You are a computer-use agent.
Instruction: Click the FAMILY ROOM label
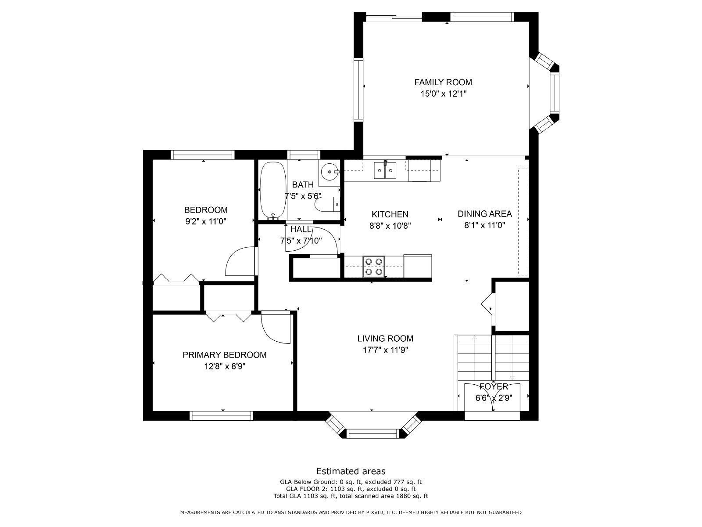pos(443,82)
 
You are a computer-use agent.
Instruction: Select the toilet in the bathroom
pos(327,204)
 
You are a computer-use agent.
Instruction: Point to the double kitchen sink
pos(385,170)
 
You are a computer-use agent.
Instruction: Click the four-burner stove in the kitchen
pos(373,267)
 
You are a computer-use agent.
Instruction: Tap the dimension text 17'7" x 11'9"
pos(385,350)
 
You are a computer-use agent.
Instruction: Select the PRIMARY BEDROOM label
pos(224,355)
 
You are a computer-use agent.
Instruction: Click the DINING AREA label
pos(484,214)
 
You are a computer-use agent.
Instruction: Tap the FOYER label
pos(493,386)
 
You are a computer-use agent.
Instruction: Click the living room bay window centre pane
pos(373,434)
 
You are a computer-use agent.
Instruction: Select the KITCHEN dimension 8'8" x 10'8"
pos(390,226)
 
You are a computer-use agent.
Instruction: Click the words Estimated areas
pos(351,471)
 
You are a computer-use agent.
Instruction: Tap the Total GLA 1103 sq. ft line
pos(351,496)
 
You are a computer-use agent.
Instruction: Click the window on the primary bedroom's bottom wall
pos(222,415)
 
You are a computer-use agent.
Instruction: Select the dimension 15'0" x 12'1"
pos(443,94)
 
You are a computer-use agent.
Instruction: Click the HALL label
pos(301,229)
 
